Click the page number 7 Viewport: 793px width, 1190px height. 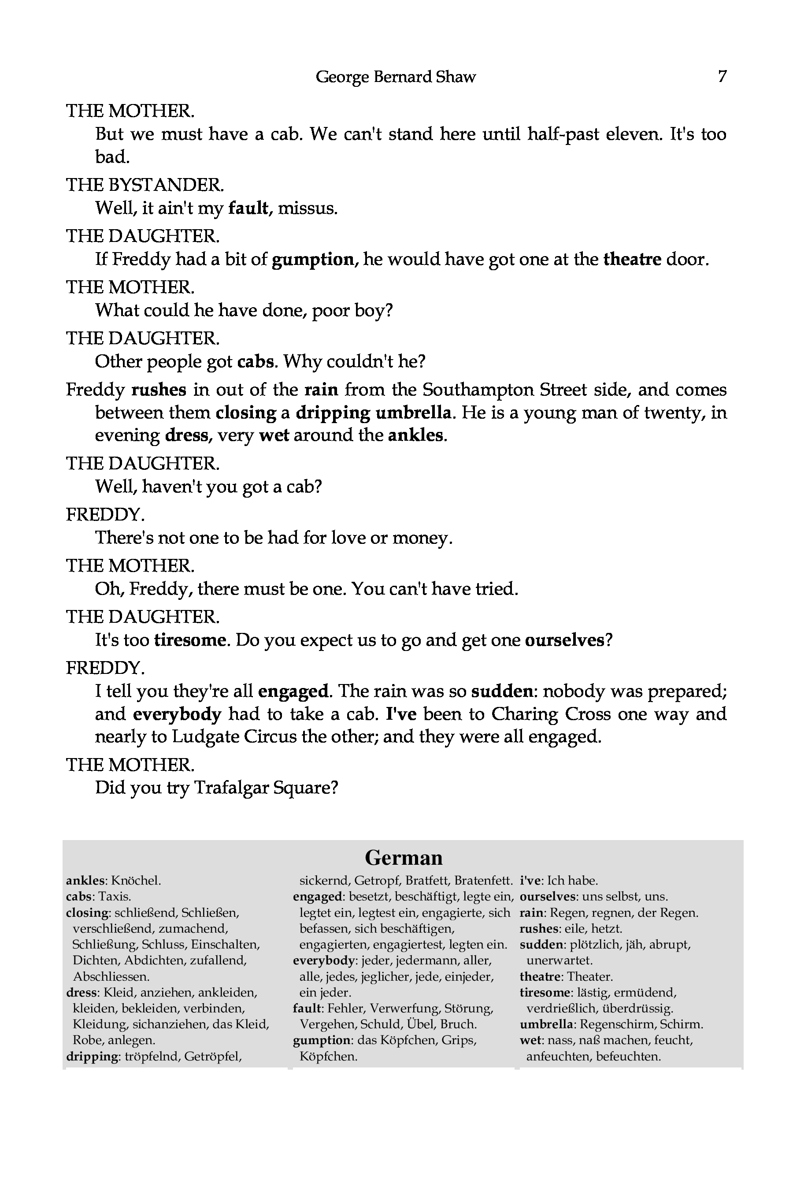[x=722, y=76]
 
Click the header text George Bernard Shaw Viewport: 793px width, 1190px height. [x=396, y=77]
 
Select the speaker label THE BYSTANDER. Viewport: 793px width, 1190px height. [x=145, y=185]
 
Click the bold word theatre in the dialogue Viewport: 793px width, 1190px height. [x=632, y=260]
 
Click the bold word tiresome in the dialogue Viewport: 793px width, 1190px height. [x=189, y=640]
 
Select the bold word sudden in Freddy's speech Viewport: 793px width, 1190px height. [x=502, y=691]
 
